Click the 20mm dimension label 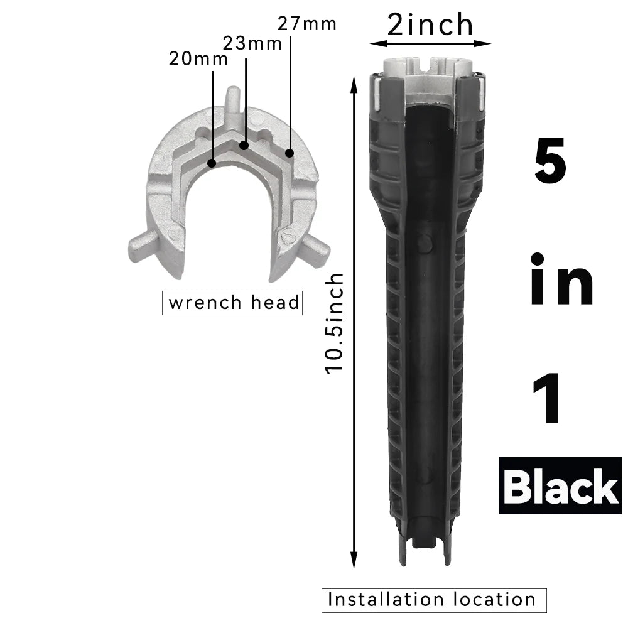point(198,59)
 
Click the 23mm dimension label point(252,43)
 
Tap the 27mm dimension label point(307,24)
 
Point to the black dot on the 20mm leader point(212,163)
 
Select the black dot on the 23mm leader point(244,146)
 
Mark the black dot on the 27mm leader point(289,153)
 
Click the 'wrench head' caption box point(232,303)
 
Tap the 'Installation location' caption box point(434,600)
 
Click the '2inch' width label point(430,24)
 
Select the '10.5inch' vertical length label point(334,323)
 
